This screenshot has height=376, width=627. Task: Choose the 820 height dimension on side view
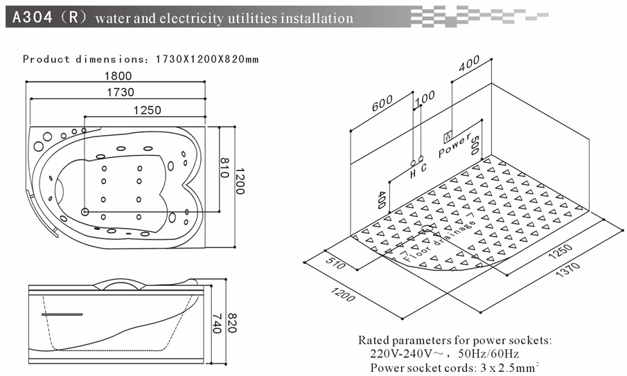point(232,323)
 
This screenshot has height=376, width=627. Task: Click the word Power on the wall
point(454,145)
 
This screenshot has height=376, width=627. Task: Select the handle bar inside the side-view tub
point(62,314)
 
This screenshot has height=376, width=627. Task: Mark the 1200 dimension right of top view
point(239,181)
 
